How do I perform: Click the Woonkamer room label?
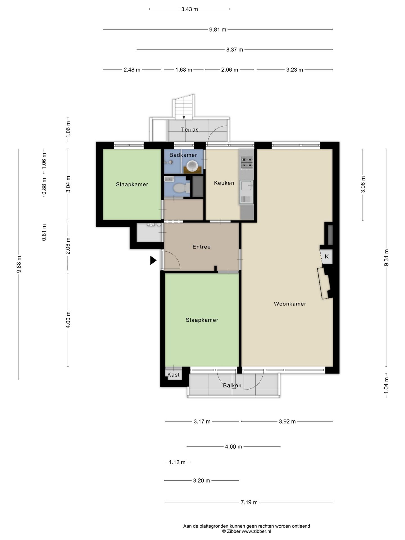click(290, 304)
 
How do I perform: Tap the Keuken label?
click(224, 183)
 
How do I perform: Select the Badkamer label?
click(183, 155)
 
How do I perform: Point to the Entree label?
click(201, 247)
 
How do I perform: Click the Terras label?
click(190, 130)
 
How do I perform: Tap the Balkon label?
click(232, 385)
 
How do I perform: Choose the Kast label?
click(174, 375)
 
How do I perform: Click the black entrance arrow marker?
click(153, 260)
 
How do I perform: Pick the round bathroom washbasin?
click(192, 166)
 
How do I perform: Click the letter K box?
click(327, 256)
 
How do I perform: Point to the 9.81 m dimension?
click(218, 30)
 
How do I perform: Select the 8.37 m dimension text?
click(235, 50)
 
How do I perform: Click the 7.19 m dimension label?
click(249, 502)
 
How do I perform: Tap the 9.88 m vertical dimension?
click(19, 264)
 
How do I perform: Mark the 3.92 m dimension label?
click(287, 422)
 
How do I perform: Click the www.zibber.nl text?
click(256, 531)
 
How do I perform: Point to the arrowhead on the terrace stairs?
click(184, 117)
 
